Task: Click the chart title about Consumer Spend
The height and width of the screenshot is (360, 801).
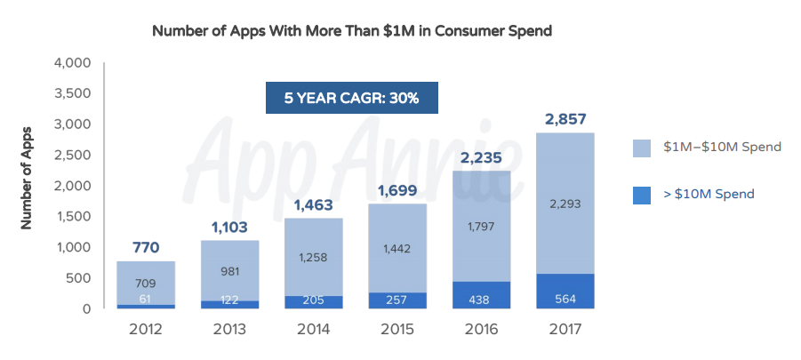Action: (x=353, y=31)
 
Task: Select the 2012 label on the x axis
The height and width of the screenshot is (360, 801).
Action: (x=146, y=330)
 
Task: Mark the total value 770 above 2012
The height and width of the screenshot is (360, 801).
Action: (x=146, y=247)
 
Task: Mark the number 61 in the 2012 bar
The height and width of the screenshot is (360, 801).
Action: (x=146, y=300)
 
